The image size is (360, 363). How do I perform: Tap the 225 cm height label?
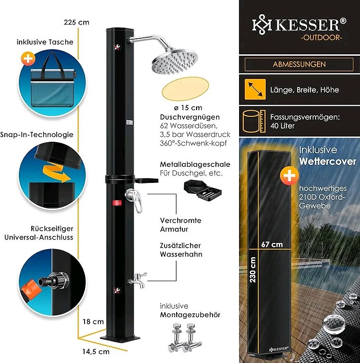[x=77, y=23]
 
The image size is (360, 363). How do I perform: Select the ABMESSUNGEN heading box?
[x=299, y=64]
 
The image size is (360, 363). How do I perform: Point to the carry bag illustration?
[x=52, y=82]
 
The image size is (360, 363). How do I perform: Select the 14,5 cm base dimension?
[x=96, y=352]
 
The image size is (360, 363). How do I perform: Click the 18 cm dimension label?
[x=93, y=321]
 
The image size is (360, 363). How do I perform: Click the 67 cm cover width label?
[x=272, y=244]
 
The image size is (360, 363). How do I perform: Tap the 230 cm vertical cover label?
[x=253, y=269]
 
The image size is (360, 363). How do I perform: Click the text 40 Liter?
[x=282, y=126]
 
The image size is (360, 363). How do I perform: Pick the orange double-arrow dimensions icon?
[x=255, y=89]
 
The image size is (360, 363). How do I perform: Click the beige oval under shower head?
[x=185, y=87]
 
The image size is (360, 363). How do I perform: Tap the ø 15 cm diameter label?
[x=188, y=108]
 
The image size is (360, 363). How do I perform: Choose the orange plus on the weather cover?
[x=289, y=176]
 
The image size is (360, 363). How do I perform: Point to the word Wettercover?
[x=327, y=161]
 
